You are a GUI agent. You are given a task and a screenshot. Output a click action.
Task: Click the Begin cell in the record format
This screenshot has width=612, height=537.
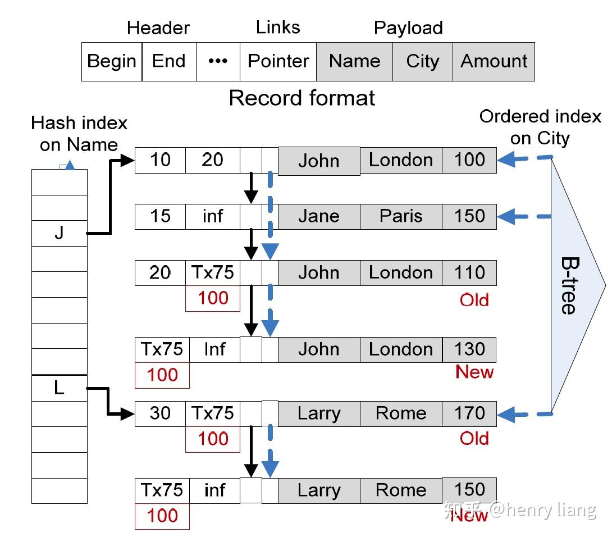[x=112, y=61]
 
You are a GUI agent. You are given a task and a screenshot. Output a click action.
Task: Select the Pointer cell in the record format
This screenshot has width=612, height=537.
[x=278, y=61]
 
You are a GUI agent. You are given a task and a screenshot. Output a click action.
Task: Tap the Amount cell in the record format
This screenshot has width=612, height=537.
[x=494, y=61]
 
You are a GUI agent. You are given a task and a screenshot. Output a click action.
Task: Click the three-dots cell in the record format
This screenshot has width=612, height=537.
[x=218, y=61]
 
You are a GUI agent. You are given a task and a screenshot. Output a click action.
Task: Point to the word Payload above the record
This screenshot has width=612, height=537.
[x=408, y=28]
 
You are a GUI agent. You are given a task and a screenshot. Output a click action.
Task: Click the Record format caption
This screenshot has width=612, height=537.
[x=302, y=98]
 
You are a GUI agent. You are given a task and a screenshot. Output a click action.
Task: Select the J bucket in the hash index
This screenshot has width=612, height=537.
[x=60, y=233]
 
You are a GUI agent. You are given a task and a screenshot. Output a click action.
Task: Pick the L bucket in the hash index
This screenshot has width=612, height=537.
[x=60, y=388]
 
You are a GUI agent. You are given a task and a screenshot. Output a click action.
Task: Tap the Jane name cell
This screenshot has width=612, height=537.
[x=318, y=216]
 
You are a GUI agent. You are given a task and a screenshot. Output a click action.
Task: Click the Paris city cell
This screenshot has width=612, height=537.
[x=401, y=216]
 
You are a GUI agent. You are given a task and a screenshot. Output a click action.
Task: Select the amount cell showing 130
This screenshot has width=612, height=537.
[x=469, y=349]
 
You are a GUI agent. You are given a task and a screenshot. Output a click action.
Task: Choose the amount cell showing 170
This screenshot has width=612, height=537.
[x=469, y=413]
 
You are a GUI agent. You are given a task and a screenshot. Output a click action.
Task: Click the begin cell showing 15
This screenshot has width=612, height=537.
[x=160, y=216]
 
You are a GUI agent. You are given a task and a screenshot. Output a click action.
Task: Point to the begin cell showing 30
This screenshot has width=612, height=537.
[x=160, y=413]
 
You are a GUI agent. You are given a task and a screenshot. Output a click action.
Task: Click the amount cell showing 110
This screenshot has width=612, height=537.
[x=469, y=272]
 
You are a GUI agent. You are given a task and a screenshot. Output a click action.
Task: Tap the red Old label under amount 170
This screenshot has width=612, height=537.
[x=474, y=438]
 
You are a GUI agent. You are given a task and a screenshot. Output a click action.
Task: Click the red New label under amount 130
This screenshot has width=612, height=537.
[x=474, y=372]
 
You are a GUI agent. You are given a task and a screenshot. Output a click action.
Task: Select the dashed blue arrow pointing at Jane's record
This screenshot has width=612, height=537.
[x=525, y=216]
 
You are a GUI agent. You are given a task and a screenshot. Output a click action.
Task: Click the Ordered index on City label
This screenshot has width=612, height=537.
[x=540, y=128]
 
